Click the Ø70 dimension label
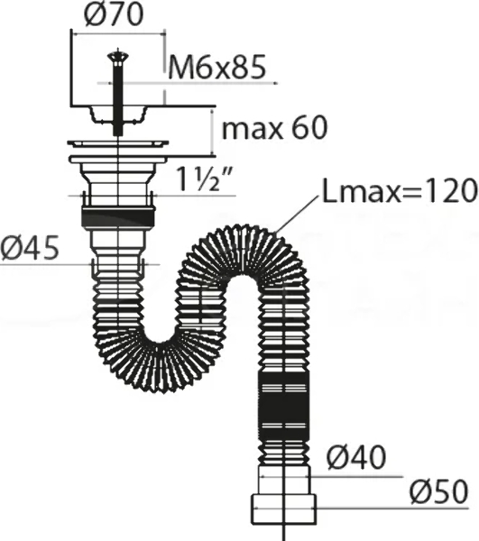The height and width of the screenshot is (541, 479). pos(114,14)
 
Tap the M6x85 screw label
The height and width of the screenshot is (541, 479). pos(217,66)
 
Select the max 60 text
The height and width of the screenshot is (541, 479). pos(274,128)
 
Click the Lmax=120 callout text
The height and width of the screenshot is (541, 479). pos(400,191)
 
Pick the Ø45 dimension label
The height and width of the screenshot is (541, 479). pos(30,248)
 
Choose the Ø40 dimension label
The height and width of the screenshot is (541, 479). pos(356,457)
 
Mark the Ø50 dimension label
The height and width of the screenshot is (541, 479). pos(439,491)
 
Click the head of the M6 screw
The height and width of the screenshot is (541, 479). pos(118,55)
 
